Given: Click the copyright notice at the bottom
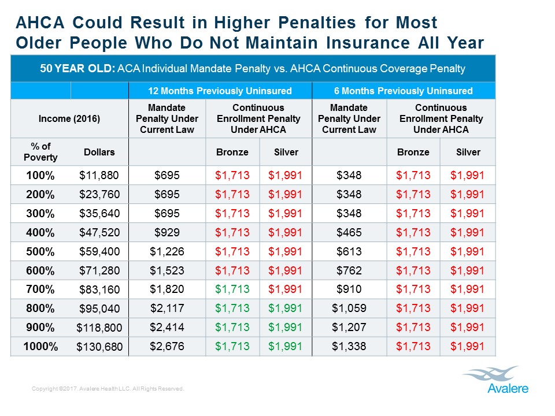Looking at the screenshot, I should [108, 389].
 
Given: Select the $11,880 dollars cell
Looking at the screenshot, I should [99, 175].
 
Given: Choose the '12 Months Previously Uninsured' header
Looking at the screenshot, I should [220, 91].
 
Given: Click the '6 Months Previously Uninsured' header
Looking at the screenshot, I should [404, 91].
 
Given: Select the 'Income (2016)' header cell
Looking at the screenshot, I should [69, 118].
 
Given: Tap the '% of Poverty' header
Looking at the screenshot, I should [40, 153].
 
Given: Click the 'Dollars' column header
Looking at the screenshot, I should [99, 153].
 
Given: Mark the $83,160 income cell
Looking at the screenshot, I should [99, 289].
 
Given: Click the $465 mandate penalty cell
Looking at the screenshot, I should [349, 232].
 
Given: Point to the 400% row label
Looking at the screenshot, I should [40, 232].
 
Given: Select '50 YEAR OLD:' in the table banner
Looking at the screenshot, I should [76, 69].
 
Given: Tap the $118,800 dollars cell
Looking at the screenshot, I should [99, 328].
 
